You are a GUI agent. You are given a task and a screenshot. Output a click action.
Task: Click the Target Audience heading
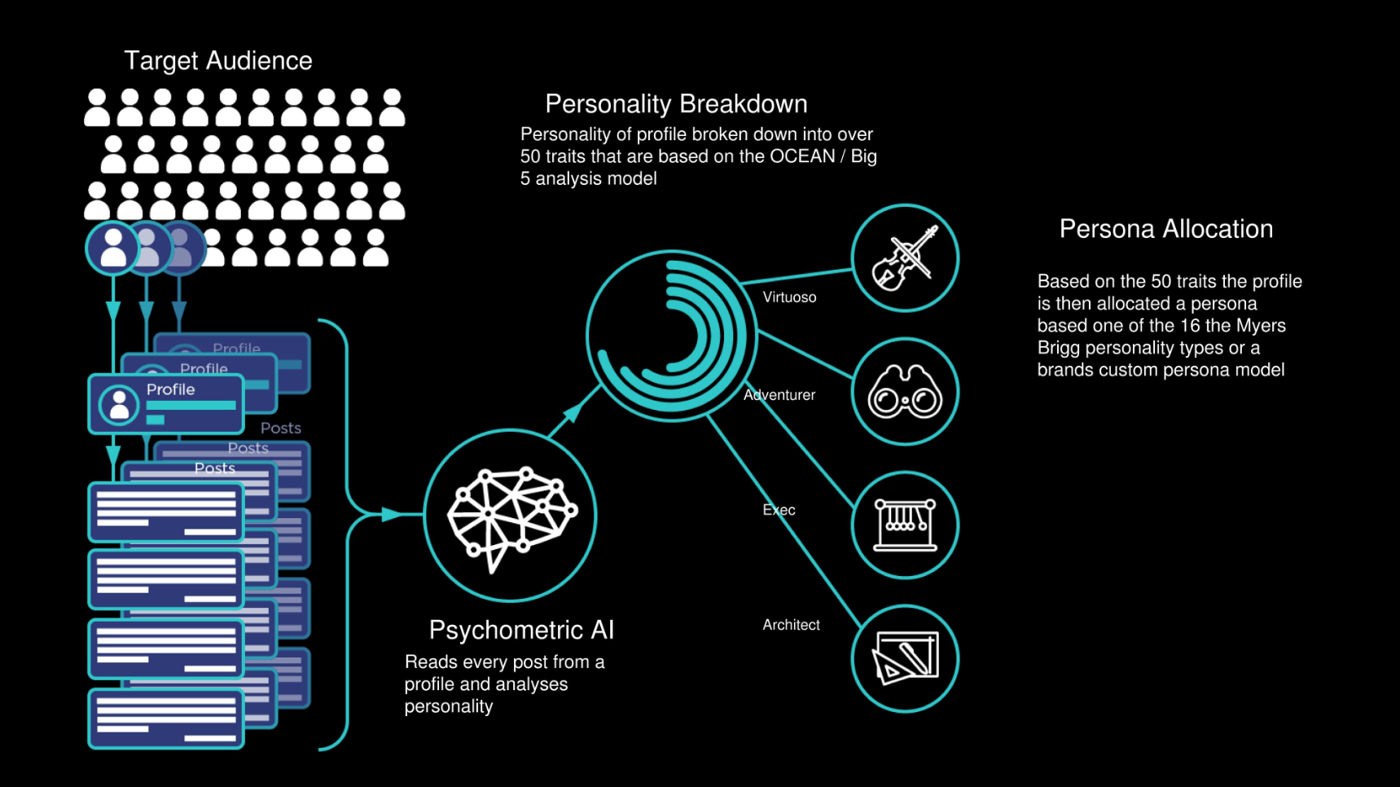click(x=218, y=61)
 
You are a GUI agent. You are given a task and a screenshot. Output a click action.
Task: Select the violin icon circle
click(x=905, y=258)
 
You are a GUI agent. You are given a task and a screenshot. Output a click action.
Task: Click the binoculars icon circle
click(x=905, y=392)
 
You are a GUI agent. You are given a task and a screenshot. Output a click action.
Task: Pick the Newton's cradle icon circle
click(x=905, y=525)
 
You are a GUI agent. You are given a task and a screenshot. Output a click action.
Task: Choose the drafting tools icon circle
click(x=905, y=658)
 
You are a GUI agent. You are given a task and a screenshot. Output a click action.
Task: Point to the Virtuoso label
click(x=789, y=297)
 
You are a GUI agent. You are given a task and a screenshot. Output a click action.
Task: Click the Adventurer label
click(x=779, y=395)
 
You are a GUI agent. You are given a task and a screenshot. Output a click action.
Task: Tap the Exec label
click(x=779, y=510)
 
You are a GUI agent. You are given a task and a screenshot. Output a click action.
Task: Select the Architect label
click(x=791, y=625)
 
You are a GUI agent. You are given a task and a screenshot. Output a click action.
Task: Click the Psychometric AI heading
click(x=521, y=630)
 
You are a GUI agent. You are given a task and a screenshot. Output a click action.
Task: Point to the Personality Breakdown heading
click(x=676, y=104)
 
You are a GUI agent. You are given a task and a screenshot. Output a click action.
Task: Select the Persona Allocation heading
click(x=1165, y=229)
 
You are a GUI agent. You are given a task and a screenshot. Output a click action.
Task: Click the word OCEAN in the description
click(x=802, y=156)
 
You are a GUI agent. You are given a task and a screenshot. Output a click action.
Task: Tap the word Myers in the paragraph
click(x=1261, y=326)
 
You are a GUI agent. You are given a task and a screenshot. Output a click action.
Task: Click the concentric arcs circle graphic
click(x=671, y=336)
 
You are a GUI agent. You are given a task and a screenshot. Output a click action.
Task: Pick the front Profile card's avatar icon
click(x=119, y=404)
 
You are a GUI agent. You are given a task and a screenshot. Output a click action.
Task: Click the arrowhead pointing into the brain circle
click(x=393, y=514)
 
